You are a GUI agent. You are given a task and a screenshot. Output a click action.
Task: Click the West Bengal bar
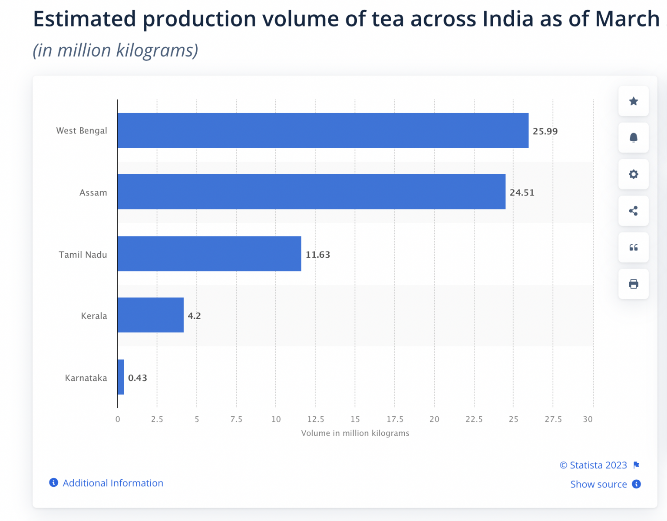click(x=323, y=130)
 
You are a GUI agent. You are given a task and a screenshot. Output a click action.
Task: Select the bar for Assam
click(x=311, y=192)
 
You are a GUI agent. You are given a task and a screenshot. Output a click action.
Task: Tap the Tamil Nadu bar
click(x=209, y=254)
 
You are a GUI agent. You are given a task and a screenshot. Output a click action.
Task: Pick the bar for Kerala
click(x=150, y=315)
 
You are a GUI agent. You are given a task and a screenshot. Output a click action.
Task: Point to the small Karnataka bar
click(x=121, y=377)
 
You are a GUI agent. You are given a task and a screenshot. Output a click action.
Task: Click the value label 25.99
click(x=545, y=131)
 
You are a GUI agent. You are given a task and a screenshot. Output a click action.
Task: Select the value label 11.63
click(x=317, y=255)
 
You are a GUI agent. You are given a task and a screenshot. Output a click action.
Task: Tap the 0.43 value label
click(x=137, y=378)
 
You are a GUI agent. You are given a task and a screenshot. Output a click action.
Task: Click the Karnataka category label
click(x=86, y=378)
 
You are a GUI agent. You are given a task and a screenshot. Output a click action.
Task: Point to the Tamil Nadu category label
click(x=83, y=255)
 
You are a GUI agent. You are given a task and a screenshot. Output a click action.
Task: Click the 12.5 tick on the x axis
click(x=316, y=419)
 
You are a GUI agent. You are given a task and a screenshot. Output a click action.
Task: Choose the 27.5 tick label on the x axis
click(x=553, y=419)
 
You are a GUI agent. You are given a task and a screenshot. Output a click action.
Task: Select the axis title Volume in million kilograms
click(x=355, y=433)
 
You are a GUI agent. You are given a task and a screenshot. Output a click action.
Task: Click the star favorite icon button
click(x=633, y=101)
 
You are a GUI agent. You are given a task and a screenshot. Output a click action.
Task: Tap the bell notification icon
click(x=633, y=138)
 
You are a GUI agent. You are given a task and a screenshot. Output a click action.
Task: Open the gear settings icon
click(x=633, y=174)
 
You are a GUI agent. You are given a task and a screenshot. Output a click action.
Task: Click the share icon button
click(x=633, y=211)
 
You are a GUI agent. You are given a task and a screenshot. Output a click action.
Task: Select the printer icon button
click(x=633, y=284)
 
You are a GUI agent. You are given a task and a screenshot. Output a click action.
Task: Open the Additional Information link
click(x=113, y=483)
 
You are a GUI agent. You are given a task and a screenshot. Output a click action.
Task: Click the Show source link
click(x=598, y=484)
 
